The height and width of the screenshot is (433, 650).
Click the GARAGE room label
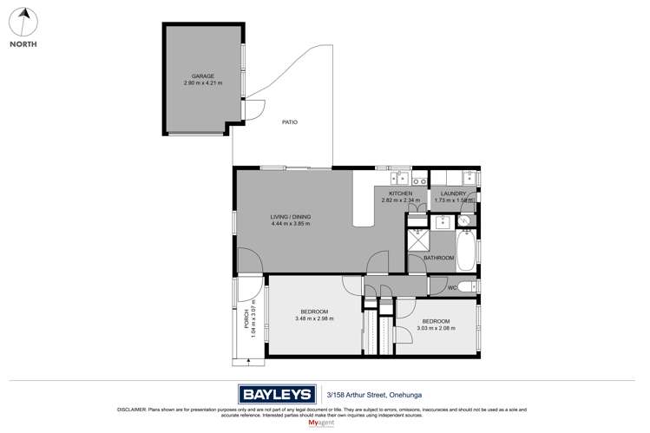[203, 76]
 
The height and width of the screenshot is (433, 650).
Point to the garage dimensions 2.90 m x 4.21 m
[203, 83]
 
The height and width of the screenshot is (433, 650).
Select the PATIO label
[290, 122]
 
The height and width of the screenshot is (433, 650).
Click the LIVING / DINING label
[290, 217]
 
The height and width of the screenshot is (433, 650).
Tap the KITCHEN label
[400, 194]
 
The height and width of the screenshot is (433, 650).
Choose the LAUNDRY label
[453, 194]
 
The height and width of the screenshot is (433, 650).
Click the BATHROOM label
[438, 258]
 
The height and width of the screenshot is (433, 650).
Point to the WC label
[453, 288]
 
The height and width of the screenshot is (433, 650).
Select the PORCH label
[246, 319]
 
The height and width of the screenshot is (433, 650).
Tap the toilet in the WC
[466, 287]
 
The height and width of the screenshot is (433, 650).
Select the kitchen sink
[417, 181]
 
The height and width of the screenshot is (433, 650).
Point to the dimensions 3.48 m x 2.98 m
[314, 318]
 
